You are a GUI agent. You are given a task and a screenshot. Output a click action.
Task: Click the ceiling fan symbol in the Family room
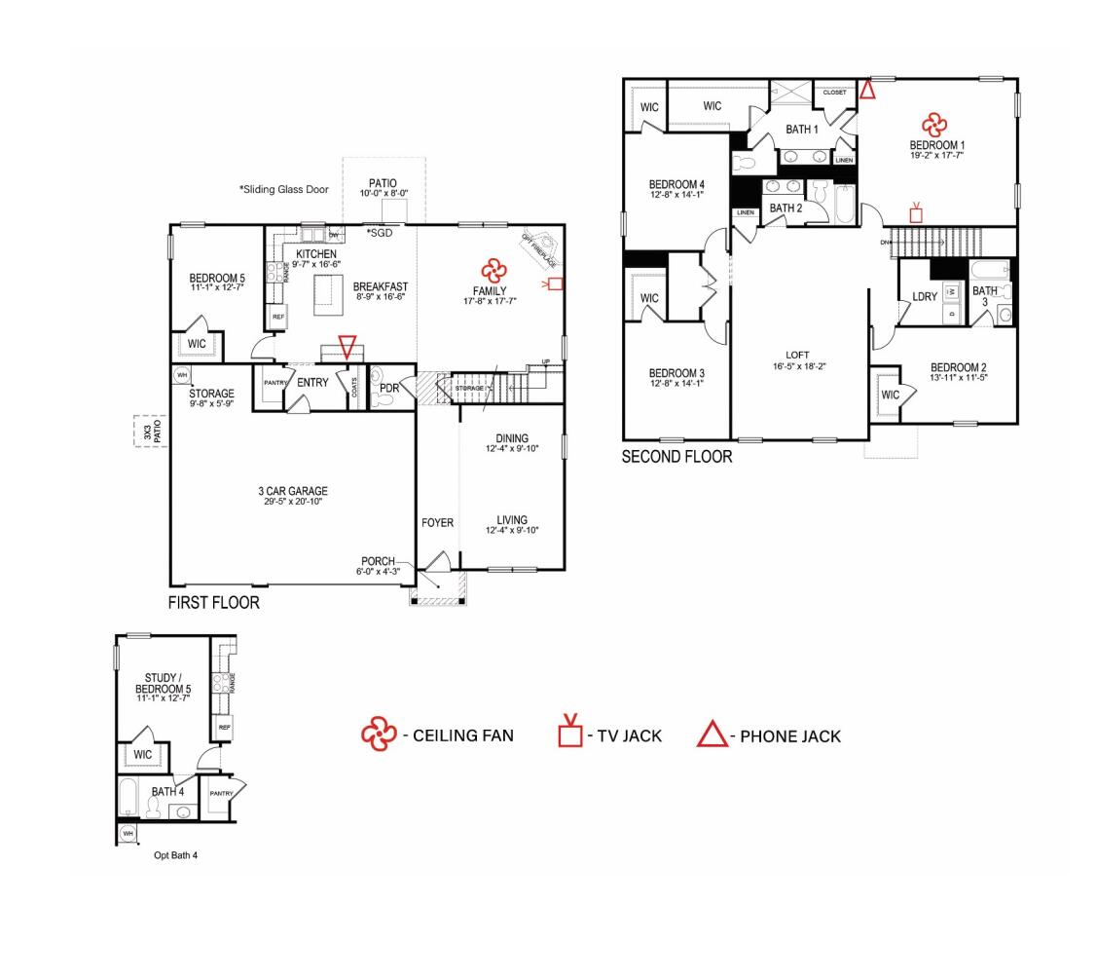[x=493, y=269]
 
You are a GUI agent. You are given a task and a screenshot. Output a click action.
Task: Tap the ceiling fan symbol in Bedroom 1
[x=933, y=124]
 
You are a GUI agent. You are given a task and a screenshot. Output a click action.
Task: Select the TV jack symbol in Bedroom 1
[x=915, y=212]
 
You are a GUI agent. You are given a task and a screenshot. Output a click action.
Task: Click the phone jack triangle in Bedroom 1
[x=866, y=90]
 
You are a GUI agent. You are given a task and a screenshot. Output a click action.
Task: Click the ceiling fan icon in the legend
[x=377, y=735]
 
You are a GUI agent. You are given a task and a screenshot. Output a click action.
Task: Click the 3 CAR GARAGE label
[x=293, y=491]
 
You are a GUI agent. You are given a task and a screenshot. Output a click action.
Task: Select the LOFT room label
[x=798, y=355]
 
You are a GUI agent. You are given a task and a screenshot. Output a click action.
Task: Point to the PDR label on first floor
[x=390, y=387]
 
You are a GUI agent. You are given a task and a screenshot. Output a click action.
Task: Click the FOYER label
[x=437, y=523]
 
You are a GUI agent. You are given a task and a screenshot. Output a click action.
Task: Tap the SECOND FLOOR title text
[x=676, y=456]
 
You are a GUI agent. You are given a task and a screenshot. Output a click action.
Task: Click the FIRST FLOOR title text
[x=214, y=603]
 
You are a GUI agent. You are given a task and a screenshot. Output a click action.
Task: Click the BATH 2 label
[x=785, y=207]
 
